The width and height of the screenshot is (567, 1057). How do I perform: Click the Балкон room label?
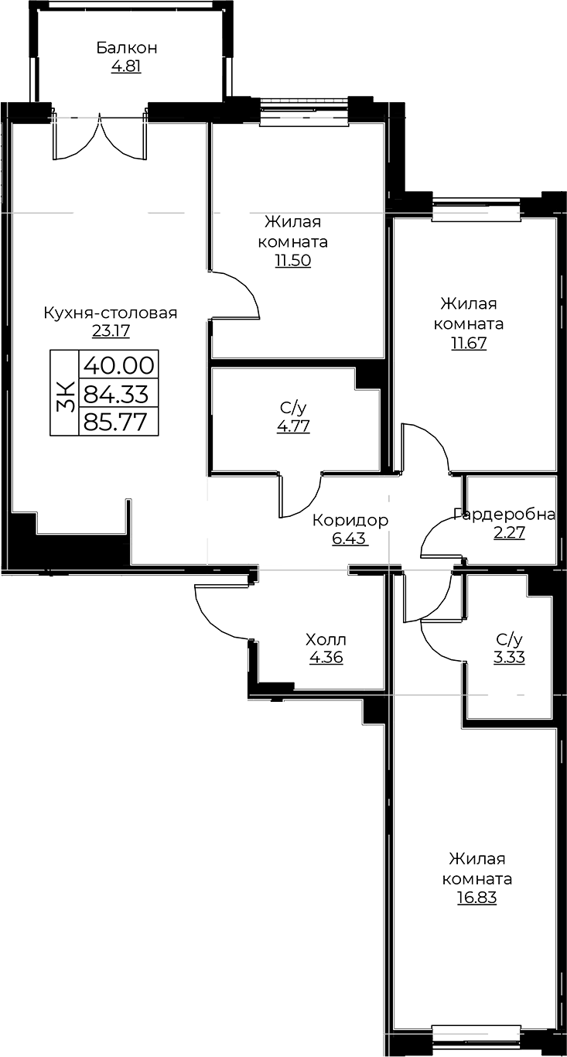(126, 48)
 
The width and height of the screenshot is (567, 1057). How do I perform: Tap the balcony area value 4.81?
(126, 67)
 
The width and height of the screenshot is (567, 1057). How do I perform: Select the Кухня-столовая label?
(111, 313)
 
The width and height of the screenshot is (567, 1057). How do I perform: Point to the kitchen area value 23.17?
(111, 331)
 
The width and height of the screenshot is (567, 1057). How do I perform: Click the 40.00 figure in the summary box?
(119, 365)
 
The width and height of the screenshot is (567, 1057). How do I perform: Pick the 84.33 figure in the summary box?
(116, 394)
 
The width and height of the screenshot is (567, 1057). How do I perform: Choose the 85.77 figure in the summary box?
(115, 422)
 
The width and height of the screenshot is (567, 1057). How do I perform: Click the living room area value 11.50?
(293, 261)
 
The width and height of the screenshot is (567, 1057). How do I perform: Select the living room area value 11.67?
(469, 343)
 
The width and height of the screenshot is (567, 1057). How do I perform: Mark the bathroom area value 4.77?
(293, 426)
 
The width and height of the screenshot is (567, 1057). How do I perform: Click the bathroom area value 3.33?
(509, 657)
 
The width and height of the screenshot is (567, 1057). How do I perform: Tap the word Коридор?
(350, 521)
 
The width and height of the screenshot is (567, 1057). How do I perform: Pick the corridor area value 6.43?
(350, 539)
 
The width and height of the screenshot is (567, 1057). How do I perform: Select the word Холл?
(326, 640)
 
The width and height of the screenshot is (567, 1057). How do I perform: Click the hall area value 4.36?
(326, 658)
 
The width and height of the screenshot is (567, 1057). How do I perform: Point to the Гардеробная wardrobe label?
(504, 515)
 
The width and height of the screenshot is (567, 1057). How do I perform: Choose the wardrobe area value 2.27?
(509, 533)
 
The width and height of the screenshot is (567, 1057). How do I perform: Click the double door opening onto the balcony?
(100, 137)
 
